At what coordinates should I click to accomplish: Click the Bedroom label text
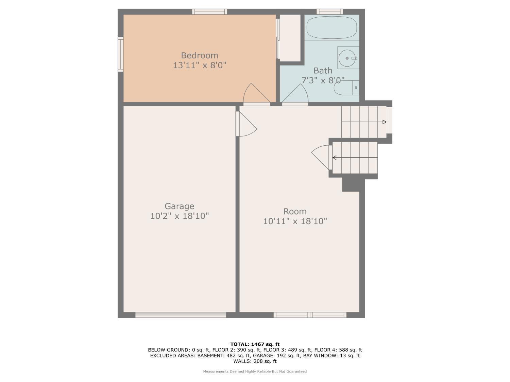(200, 55)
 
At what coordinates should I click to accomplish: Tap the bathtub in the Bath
(331, 28)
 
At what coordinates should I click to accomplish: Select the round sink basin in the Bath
(347, 58)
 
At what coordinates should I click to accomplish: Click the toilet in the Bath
(346, 88)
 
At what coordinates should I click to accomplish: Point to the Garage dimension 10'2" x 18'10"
(180, 216)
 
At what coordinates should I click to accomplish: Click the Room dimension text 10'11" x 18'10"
(295, 221)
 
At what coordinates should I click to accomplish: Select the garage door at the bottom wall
(181, 315)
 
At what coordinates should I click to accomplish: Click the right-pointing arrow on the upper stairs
(384, 122)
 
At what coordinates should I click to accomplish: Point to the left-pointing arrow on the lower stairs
(335, 158)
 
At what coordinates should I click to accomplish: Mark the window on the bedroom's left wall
(120, 54)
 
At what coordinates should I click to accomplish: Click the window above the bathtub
(329, 12)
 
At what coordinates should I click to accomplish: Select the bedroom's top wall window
(209, 12)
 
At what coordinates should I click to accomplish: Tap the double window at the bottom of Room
(310, 315)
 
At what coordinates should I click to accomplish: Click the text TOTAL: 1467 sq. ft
(255, 344)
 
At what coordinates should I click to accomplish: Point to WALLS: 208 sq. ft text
(255, 361)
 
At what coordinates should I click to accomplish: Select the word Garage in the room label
(180, 206)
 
